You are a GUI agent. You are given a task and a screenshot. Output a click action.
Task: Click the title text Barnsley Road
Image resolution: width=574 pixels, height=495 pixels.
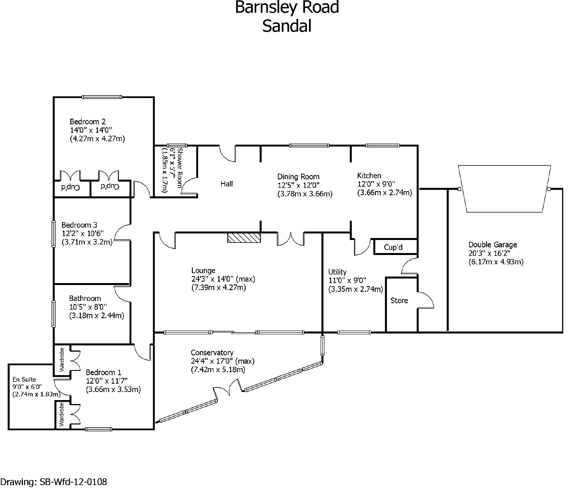pos(287,7)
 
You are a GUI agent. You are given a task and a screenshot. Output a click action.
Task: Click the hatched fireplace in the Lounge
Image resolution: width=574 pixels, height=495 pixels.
pos(244,238)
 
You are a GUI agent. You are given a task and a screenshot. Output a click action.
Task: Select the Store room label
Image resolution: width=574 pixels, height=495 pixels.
pos(399,301)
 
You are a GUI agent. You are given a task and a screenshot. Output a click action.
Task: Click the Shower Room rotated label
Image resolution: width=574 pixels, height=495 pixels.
pos(180,168)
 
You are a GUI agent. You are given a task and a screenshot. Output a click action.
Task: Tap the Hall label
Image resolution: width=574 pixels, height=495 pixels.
pos(226,184)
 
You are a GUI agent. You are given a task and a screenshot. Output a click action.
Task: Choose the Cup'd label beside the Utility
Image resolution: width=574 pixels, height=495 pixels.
pos(393,247)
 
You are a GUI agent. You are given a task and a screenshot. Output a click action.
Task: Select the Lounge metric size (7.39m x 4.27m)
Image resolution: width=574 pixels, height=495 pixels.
pos(219,288)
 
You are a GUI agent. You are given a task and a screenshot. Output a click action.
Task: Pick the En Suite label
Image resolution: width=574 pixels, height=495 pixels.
pos(24,379)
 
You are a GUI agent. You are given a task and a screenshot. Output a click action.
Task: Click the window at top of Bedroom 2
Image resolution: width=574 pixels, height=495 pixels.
pos(102,97)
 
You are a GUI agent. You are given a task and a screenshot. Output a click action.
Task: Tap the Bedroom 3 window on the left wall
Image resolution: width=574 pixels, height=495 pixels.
pos(54,234)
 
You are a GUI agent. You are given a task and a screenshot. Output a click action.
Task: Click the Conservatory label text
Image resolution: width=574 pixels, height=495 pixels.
pos(212,353)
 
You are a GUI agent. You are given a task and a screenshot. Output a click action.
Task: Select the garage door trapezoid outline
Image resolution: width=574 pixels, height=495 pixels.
pos(505,188)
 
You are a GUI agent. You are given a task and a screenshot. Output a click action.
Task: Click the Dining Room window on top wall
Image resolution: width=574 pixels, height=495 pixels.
pos(309,146)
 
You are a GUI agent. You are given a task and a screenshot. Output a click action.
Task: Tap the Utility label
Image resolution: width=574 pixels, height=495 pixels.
pos(337,272)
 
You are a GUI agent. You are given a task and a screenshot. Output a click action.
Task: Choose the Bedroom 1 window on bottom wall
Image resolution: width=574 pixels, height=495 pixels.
pos(99,429)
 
